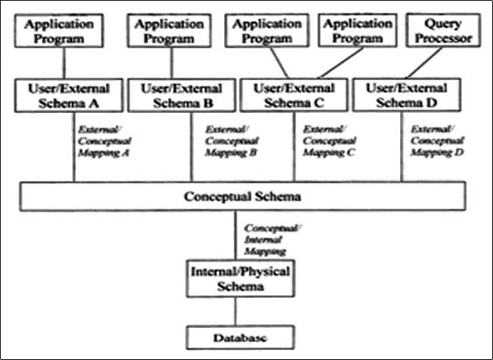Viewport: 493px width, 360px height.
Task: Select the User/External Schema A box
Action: click(x=62, y=95)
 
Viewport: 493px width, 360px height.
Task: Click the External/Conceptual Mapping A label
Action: click(x=95, y=142)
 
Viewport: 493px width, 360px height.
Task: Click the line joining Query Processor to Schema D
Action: click(x=422, y=64)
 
